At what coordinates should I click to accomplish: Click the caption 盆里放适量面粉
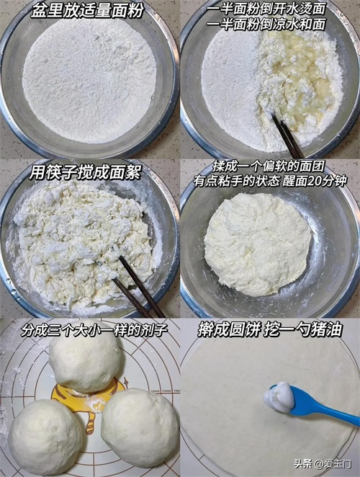coord(88,12)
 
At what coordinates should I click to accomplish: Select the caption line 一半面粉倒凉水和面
coord(266,24)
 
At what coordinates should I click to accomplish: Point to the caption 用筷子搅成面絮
coord(85,174)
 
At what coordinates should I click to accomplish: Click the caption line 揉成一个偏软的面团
coord(269,166)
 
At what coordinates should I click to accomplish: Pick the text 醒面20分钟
coord(315,182)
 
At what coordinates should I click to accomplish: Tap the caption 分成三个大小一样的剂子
coord(94,331)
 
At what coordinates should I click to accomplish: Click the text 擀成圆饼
coord(229,329)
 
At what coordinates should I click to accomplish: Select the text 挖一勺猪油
coord(303,329)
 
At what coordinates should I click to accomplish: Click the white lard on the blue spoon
coord(279,397)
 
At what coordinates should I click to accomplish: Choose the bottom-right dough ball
coord(140,427)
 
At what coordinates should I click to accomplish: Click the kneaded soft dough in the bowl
coord(257,244)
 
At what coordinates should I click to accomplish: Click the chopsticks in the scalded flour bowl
coord(287,136)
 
